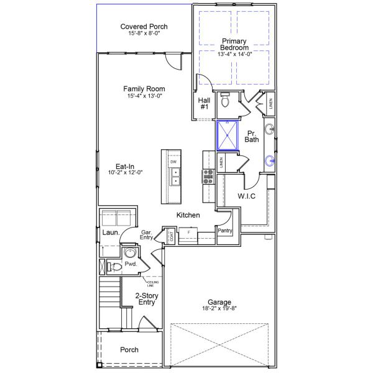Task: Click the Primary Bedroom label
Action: click(x=234, y=44)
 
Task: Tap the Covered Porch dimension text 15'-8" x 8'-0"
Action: click(x=144, y=34)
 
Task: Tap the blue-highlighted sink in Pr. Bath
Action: click(x=269, y=161)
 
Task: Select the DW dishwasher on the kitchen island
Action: click(x=173, y=162)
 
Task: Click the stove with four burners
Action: click(x=208, y=177)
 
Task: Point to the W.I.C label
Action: click(x=247, y=196)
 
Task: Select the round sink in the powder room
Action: click(x=129, y=253)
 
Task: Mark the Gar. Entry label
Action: click(x=147, y=234)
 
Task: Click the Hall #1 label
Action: click(x=204, y=103)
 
